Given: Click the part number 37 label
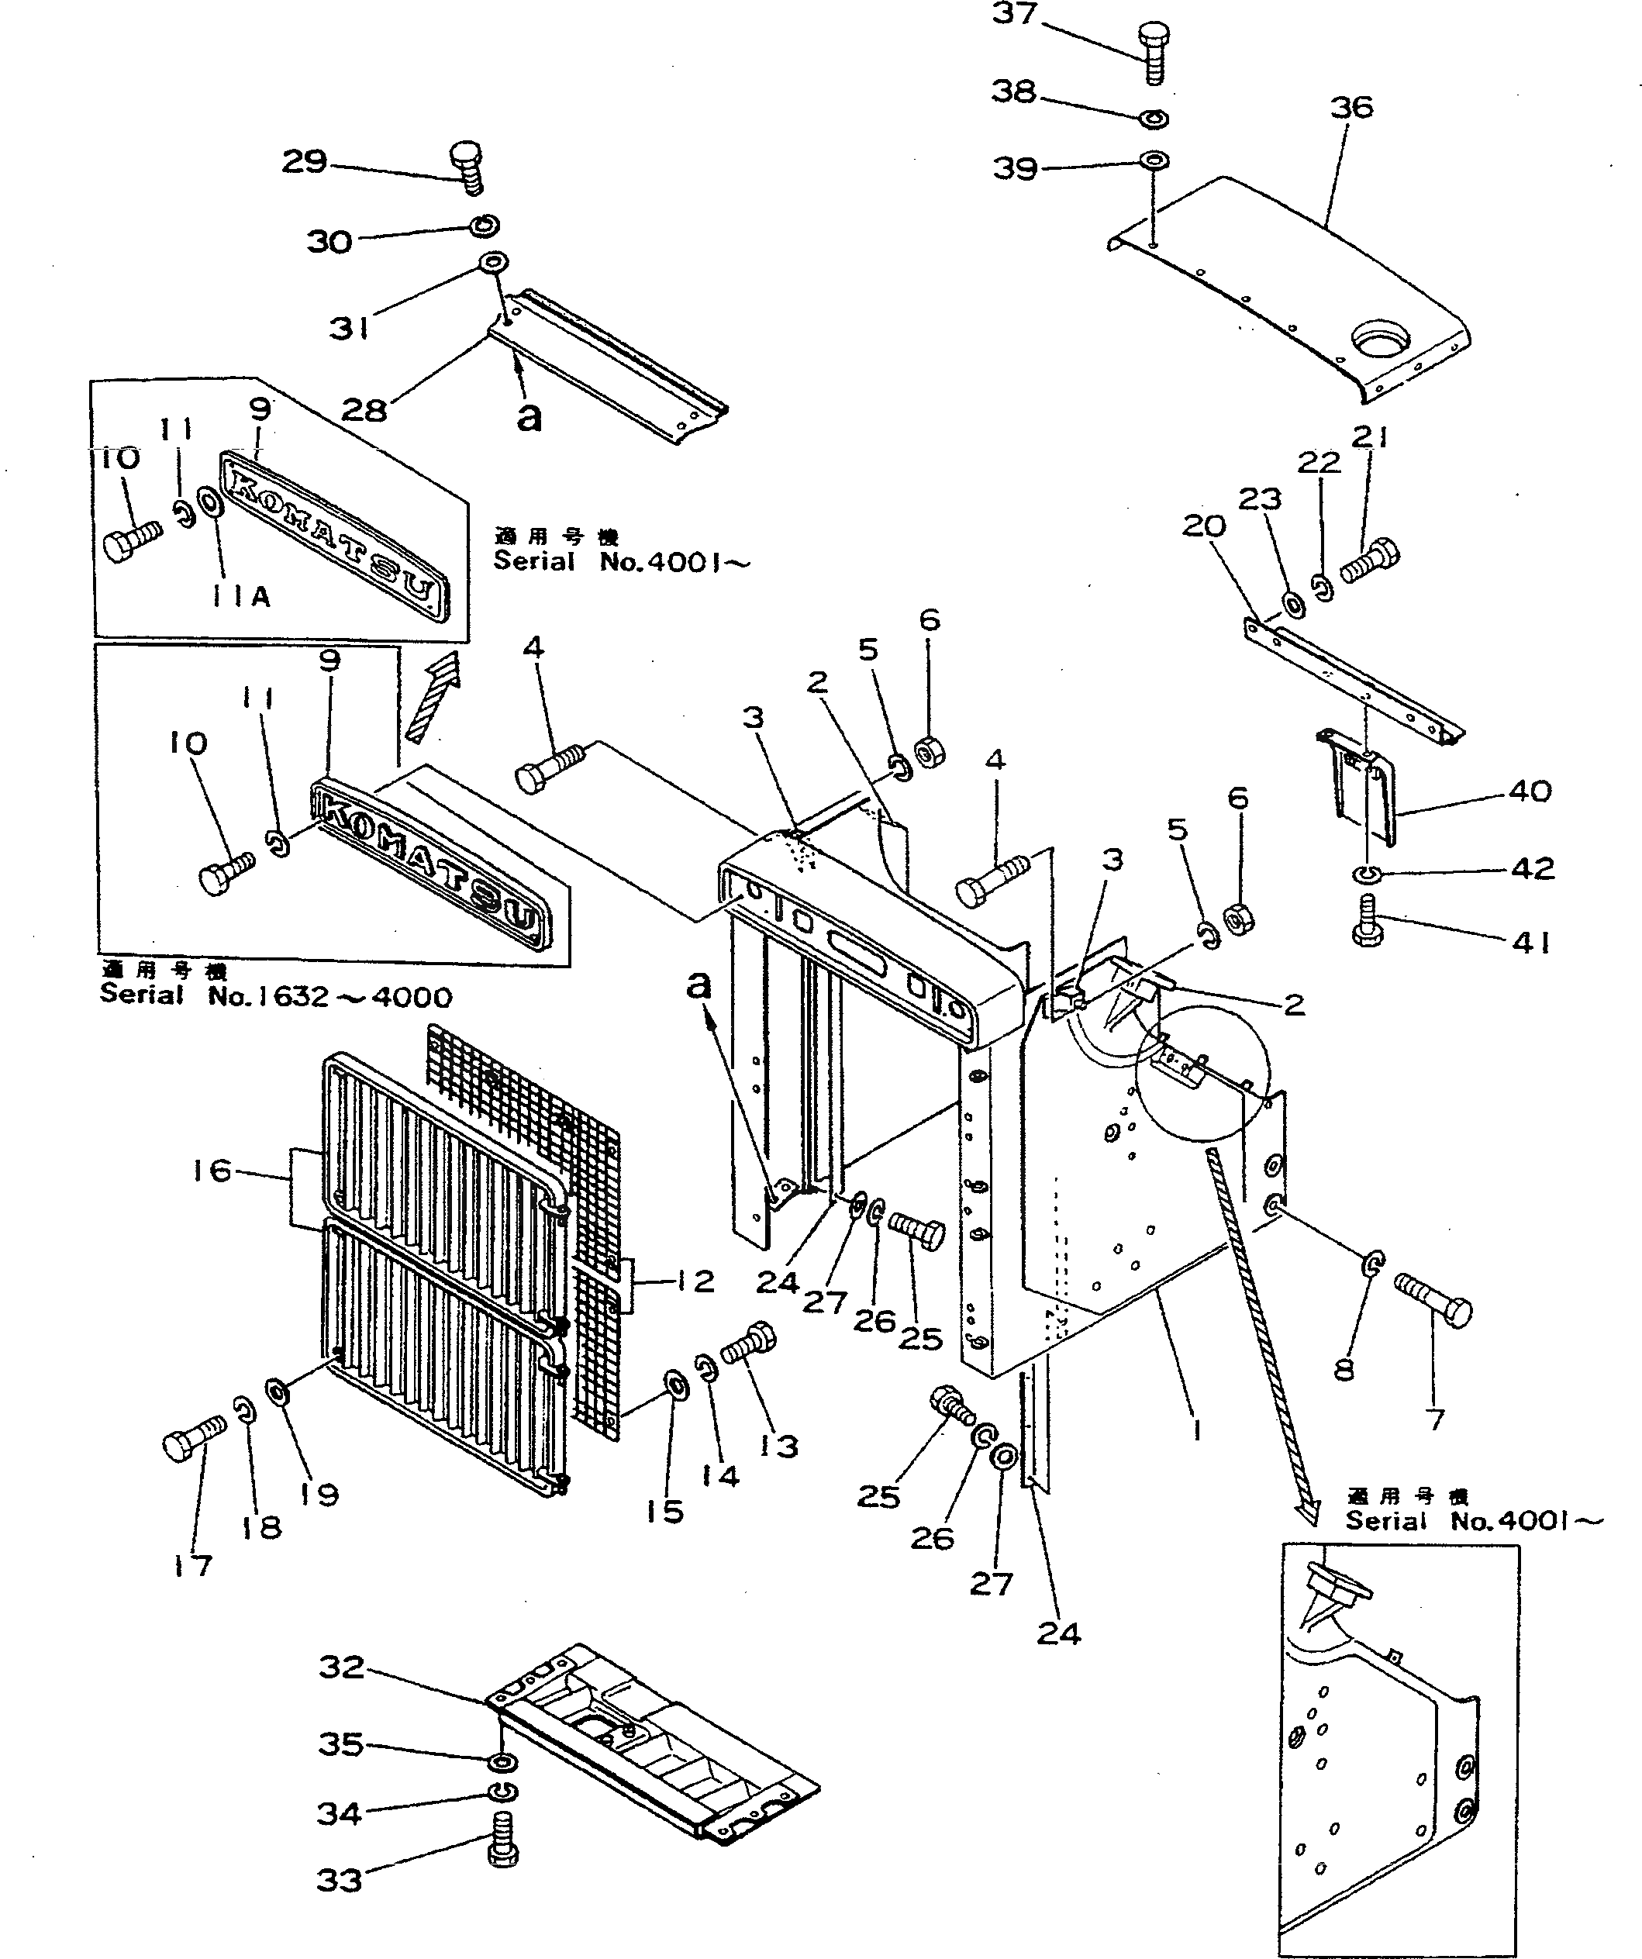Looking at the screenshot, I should point(1014,14).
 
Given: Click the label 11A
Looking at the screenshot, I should point(240,597).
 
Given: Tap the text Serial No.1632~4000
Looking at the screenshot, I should point(276,996).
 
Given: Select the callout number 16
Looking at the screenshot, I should point(212,1170).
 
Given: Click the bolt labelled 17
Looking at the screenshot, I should point(192,1441).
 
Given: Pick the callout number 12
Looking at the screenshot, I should point(695,1281).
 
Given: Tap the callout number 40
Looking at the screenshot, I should point(1530,791).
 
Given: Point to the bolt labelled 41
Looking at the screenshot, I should point(1366,921).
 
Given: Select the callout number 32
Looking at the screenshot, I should point(341,1667).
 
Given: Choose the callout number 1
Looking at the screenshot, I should point(1197,1430).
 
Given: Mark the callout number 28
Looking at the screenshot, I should point(364,409).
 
